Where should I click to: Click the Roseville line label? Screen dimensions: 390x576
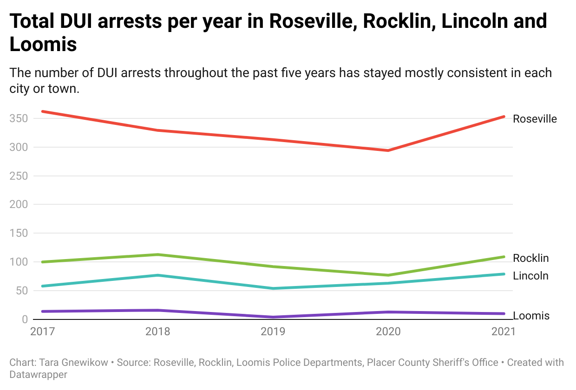(535, 119)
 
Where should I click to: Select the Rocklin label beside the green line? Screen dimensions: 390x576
(530, 258)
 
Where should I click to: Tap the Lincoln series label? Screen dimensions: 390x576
(530, 276)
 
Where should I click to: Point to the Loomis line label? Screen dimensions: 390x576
(531, 316)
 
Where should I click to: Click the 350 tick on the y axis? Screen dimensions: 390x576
(19, 118)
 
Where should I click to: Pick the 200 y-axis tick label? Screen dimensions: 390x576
(19, 204)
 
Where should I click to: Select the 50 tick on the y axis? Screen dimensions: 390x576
(22, 291)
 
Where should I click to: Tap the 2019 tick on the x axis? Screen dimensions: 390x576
(273, 331)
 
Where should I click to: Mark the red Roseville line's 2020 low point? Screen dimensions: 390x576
(388, 150)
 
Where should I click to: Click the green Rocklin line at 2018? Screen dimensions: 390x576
(157, 254)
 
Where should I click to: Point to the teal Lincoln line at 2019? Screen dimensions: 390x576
(273, 288)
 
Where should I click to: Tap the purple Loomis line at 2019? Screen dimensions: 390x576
(273, 317)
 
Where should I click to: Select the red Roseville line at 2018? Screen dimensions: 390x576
(157, 130)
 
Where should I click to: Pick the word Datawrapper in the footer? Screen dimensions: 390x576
(38, 374)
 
